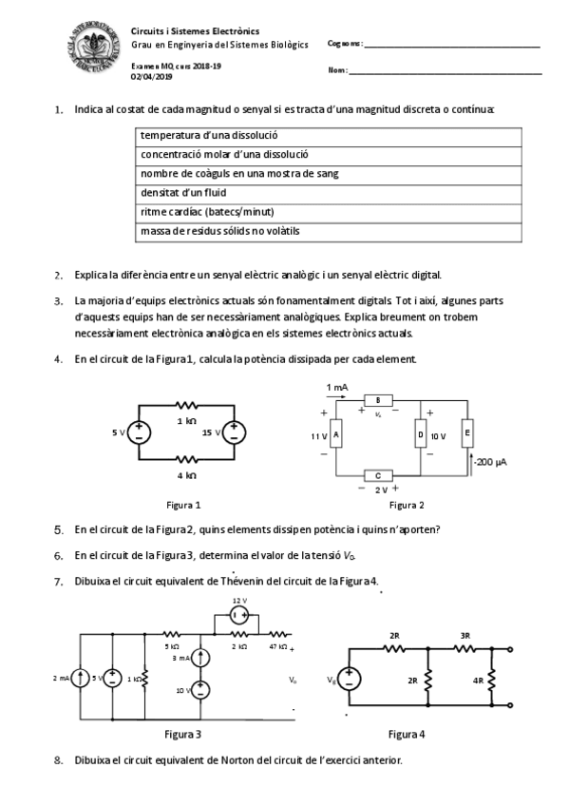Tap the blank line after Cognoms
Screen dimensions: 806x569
pyautogui.click(x=451, y=44)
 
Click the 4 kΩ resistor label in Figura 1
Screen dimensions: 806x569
pyautogui.click(x=186, y=475)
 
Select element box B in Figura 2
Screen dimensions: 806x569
pyautogui.click(x=377, y=401)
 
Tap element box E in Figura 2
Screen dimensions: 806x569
pyautogui.click(x=466, y=435)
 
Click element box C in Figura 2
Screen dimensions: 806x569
pyautogui.click(x=377, y=473)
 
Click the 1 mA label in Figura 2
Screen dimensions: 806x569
pyautogui.click(x=337, y=388)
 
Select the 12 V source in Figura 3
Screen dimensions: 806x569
pyautogui.click(x=239, y=617)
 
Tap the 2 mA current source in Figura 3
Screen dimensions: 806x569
pyautogui.click(x=81, y=677)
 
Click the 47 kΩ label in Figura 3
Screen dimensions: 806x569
pyautogui.click(x=275, y=646)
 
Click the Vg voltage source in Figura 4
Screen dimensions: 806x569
pyautogui.click(x=351, y=677)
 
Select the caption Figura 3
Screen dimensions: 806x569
pyautogui.click(x=183, y=734)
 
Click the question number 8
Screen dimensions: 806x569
pyautogui.click(x=58, y=760)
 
